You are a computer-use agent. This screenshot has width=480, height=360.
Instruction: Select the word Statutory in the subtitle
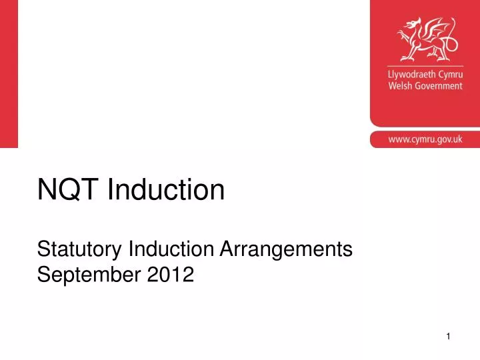pos(79,250)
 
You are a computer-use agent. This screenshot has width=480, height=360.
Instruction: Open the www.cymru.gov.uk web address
pos(425,139)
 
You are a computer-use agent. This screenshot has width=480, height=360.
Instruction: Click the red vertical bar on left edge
pos(9,73)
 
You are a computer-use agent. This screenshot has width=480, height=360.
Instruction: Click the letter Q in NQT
pos(69,191)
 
